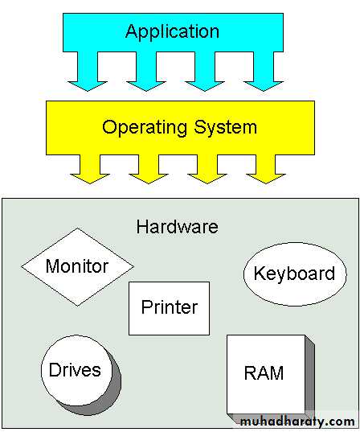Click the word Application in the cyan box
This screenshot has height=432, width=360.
point(172,32)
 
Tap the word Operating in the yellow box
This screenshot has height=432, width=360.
point(145,129)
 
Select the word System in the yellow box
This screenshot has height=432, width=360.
point(226,129)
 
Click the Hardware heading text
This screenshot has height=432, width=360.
point(178,227)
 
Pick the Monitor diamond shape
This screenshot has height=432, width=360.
point(78,267)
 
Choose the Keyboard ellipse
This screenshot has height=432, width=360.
point(295,274)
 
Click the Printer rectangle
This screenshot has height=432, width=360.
point(169,308)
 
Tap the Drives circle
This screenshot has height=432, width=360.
point(76,370)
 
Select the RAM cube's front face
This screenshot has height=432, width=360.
point(266,374)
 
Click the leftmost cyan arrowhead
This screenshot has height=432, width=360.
point(88,86)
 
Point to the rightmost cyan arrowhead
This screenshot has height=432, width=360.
point(264,86)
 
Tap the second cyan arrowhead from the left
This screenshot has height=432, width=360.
point(146,86)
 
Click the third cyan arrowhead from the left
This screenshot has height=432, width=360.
point(205,86)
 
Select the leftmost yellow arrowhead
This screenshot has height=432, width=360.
point(90,179)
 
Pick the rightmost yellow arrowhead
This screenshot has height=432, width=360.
point(266,179)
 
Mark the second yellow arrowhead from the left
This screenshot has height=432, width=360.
point(149,179)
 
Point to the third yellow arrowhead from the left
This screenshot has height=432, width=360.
point(207,179)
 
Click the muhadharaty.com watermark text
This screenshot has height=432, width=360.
point(297,422)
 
